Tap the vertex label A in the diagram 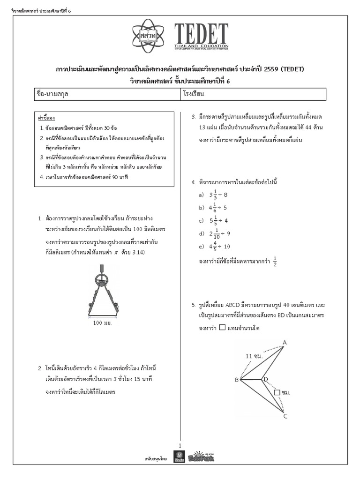pos(284,343)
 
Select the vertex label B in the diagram pos(237,380)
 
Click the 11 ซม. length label pos(254,356)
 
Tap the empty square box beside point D pos(277,392)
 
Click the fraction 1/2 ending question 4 pos(275,261)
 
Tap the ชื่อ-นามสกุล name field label pos(56,94)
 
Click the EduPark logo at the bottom pos(201,457)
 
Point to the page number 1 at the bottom pos(180,445)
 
